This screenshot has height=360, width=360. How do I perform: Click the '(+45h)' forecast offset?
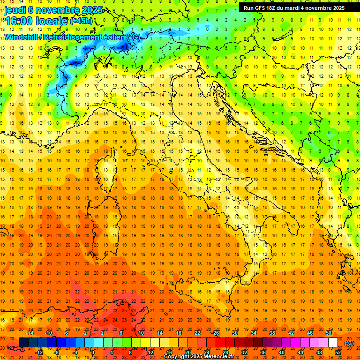tap(81, 21)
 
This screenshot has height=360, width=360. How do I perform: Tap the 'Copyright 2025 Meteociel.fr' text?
tap(206, 356)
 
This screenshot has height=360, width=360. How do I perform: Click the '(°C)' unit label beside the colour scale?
tap(349, 343)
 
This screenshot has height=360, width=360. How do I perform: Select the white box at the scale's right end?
tap(333, 343)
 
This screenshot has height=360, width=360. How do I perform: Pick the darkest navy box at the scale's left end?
tap(23, 343)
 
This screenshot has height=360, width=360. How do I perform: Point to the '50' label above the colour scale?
tap(328, 333)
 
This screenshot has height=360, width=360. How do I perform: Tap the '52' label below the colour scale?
tap(338, 352)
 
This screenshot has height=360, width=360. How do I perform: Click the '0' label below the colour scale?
tap(93, 352)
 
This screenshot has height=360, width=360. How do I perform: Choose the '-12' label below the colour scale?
tap(39, 352)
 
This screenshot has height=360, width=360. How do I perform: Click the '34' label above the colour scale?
tap(254, 333)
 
